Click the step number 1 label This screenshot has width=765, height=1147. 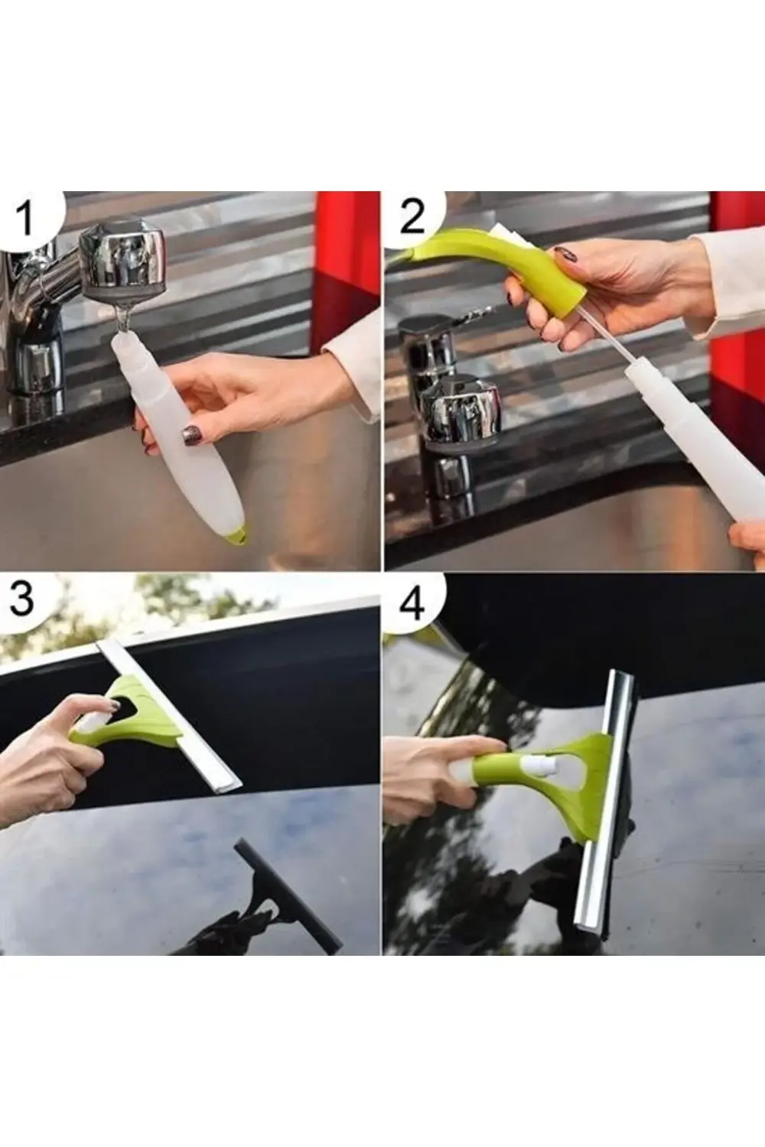click(25, 218)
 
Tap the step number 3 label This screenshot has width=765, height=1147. click(22, 599)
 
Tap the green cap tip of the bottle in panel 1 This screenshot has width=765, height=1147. click(238, 538)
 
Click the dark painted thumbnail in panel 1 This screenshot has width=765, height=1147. click(190, 436)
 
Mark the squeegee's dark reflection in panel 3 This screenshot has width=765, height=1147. click(283, 895)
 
